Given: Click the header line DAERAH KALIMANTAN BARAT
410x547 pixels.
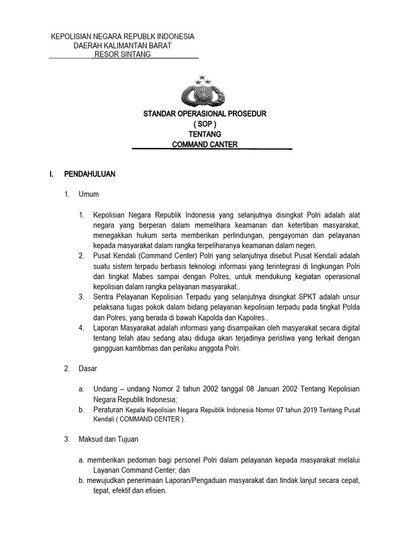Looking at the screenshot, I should [122, 45].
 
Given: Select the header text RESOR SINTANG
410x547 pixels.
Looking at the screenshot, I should [122, 54].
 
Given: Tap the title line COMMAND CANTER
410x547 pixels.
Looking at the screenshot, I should [204, 144].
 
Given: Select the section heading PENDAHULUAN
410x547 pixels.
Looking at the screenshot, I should [89, 174].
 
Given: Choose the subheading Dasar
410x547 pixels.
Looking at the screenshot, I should [88, 369].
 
